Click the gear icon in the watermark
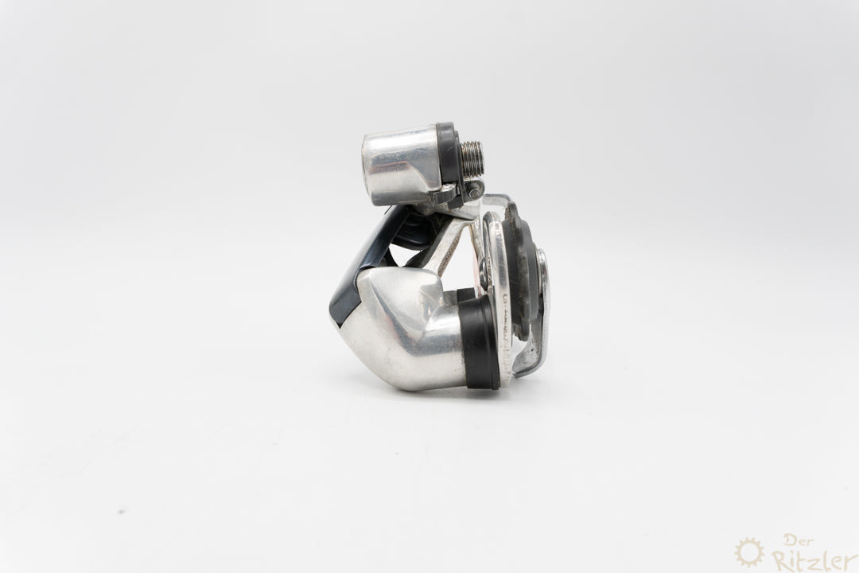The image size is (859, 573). coord(748,552)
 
